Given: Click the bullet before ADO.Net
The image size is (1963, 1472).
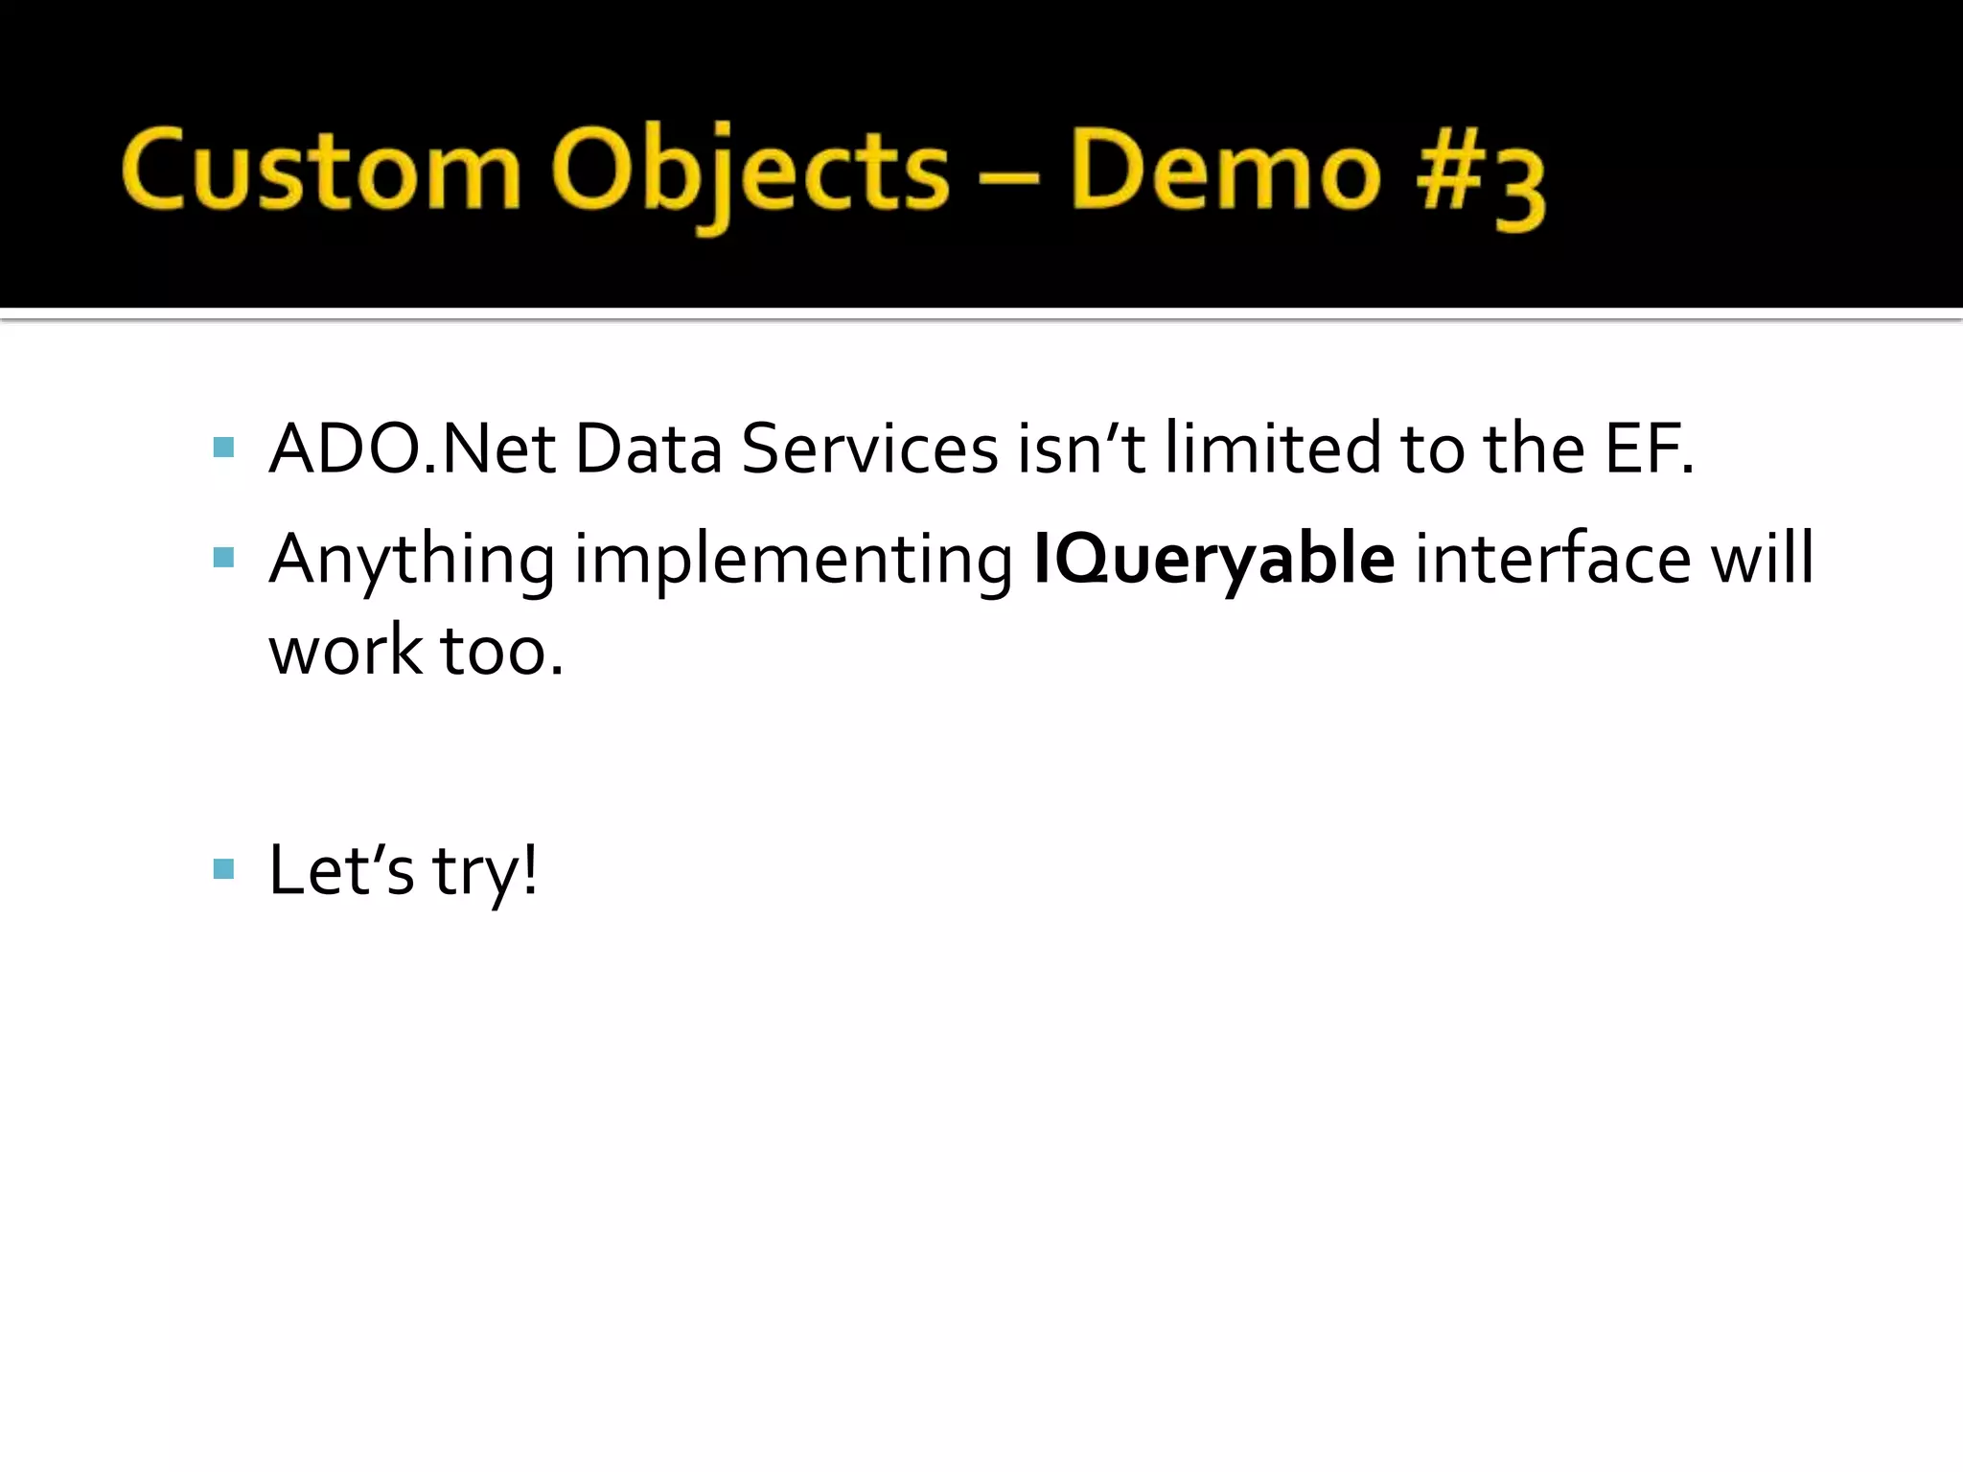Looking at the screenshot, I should point(224,448).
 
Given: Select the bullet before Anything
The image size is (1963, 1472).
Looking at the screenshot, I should point(224,558).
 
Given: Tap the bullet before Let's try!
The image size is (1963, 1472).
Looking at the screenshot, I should point(224,869).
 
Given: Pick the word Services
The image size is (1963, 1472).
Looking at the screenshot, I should point(869,448).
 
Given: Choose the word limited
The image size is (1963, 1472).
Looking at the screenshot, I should point(1272,448).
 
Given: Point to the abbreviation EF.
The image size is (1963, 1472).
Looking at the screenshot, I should point(1649,448).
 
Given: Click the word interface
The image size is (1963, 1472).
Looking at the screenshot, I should point(1554,559).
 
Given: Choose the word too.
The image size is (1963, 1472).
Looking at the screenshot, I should point(500,652).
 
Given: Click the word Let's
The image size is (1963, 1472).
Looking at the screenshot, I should point(341,870).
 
